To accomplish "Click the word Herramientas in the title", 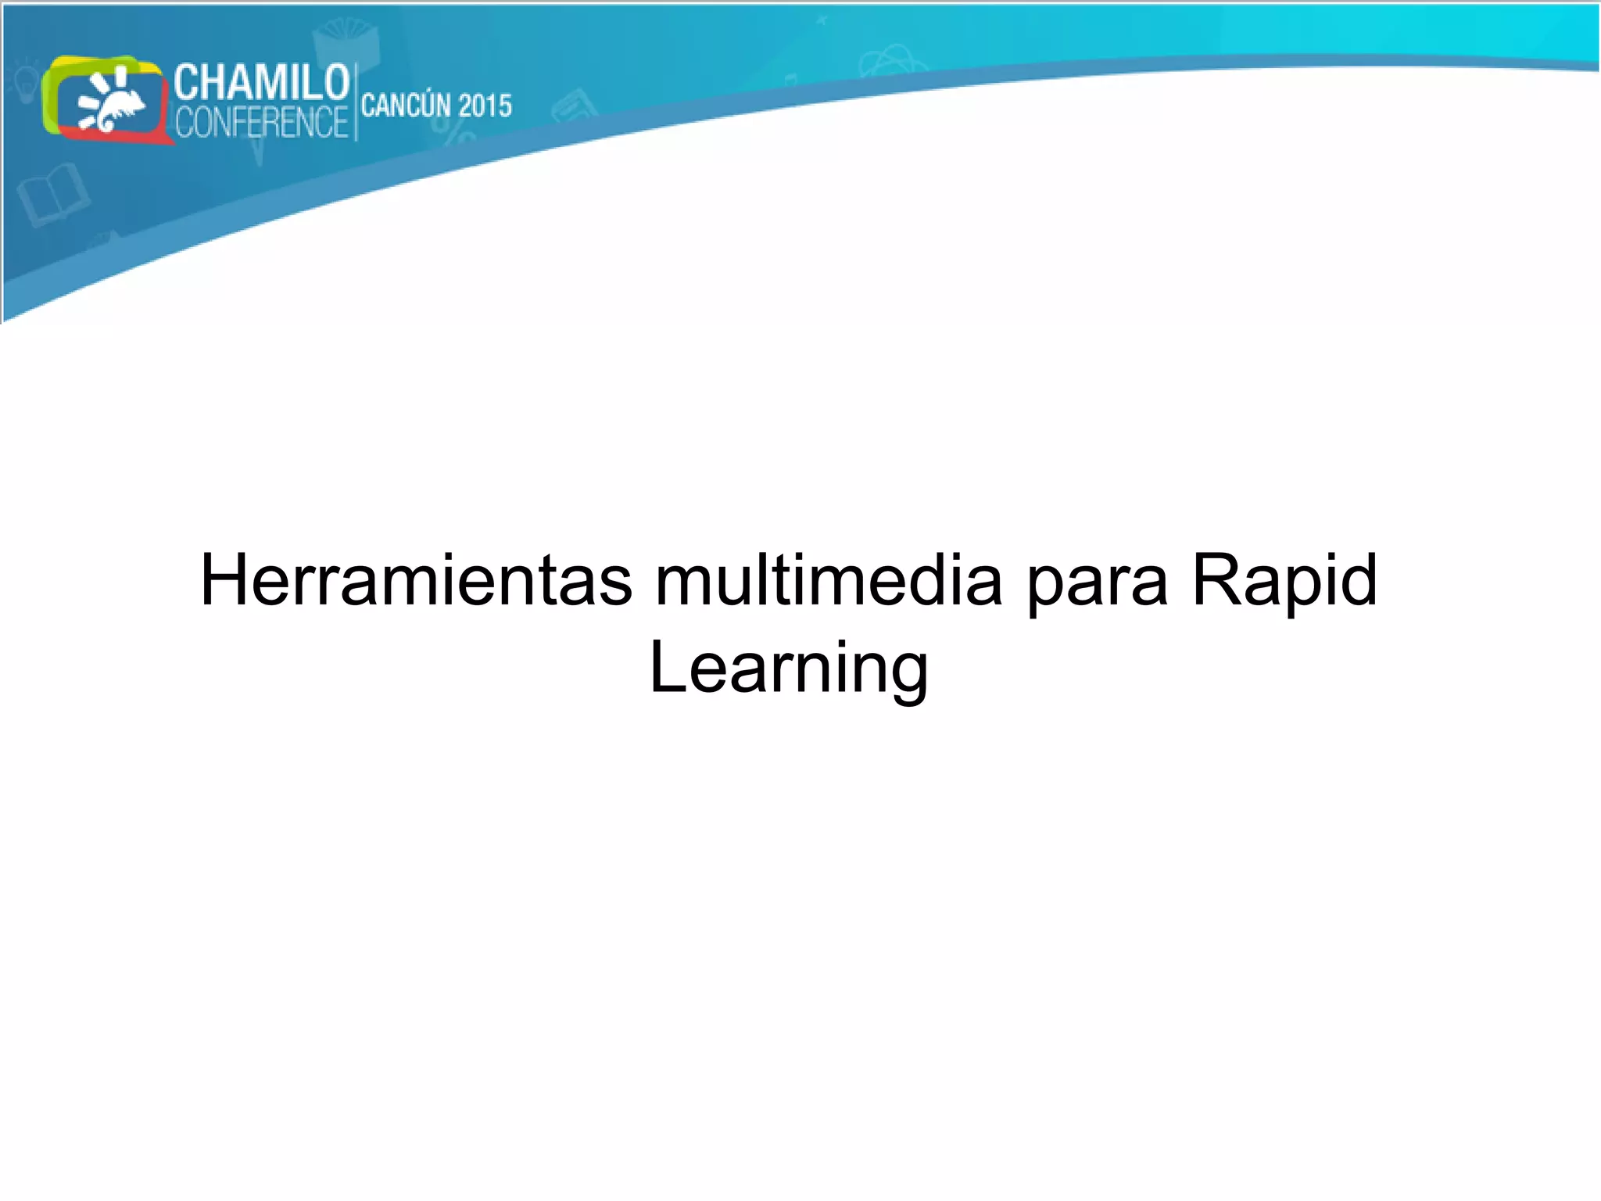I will tap(416, 580).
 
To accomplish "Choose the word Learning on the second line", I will tap(789, 669).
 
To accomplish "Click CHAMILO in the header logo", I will tap(261, 83).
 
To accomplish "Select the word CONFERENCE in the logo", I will tap(261, 123).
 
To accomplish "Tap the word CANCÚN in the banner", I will tap(407, 106).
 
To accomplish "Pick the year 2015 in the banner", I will tap(485, 106).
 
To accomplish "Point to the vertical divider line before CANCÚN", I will tap(356, 102).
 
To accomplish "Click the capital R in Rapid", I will tap(1213, 580).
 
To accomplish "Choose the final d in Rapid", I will tap(1357, 580).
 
